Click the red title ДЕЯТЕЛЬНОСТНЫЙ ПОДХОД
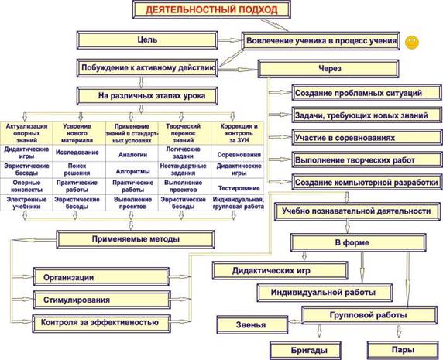click(x=211, y=9)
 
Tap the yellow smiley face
click(x=412, y=43)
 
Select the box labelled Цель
click(x=147, y=40)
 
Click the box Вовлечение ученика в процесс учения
click(x=321, y=41)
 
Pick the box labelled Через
click(x=328, y=69)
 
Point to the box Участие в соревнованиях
click(x=367, y=138)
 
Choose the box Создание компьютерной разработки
click(x=367, y=183)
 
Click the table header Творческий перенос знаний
click(x=183, y=133)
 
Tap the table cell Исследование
click(x=77, y=153)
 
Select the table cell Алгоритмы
click(x=132, y=171)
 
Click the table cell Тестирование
click(x=239, y=188)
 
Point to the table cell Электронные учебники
click(x=26, y=203)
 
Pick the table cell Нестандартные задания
click(x=183, y=170)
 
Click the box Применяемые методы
click(x=136, y=239)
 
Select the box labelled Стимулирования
click(x=102, y=300)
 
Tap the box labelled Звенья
click(x=252, y=324)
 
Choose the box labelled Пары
click(x=403, y=350)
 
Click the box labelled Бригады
click(x=305, y=351)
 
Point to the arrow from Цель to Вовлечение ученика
click(x=230, y=40)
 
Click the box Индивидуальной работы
click(x=325, y=293)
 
